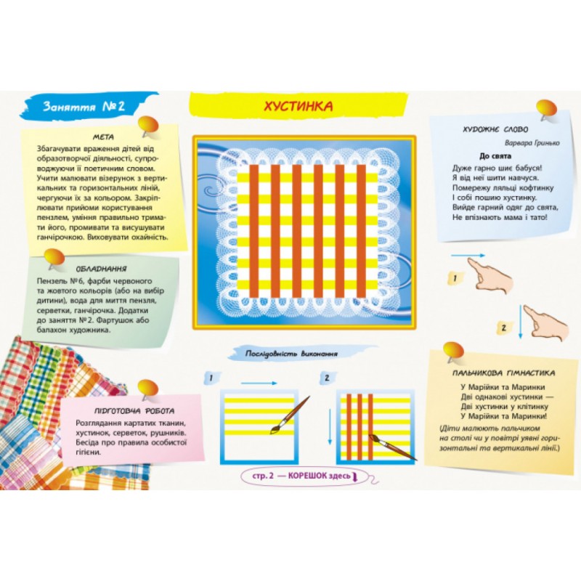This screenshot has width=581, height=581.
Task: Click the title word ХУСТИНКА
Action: [x=298, y=106]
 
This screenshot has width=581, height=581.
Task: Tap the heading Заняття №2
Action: [x=84, y=106]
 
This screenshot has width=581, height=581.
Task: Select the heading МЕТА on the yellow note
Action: [x=103, y=137]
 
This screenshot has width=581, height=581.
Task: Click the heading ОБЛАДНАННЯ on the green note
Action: [x=101, y=269]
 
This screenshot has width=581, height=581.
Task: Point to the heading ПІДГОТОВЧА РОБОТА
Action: [x=134, y=410]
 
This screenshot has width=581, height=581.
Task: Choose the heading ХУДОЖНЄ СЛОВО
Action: [x=495, y=129]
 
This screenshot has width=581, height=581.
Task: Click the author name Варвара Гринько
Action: [x=532, y=142]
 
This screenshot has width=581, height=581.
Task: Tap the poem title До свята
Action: [x=495, y=156]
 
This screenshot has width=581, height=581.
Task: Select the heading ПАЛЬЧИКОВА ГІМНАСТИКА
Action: [x=503, y=373]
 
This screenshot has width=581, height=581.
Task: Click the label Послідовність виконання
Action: [x=292, y=354]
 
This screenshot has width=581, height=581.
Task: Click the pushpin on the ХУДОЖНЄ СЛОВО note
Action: [x=546, y=110]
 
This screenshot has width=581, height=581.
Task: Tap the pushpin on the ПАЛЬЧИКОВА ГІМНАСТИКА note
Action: [x=452, y=352]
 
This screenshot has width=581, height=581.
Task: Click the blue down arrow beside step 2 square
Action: [x=330, y=426]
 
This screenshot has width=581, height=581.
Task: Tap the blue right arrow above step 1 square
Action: [x=259, y=383]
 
